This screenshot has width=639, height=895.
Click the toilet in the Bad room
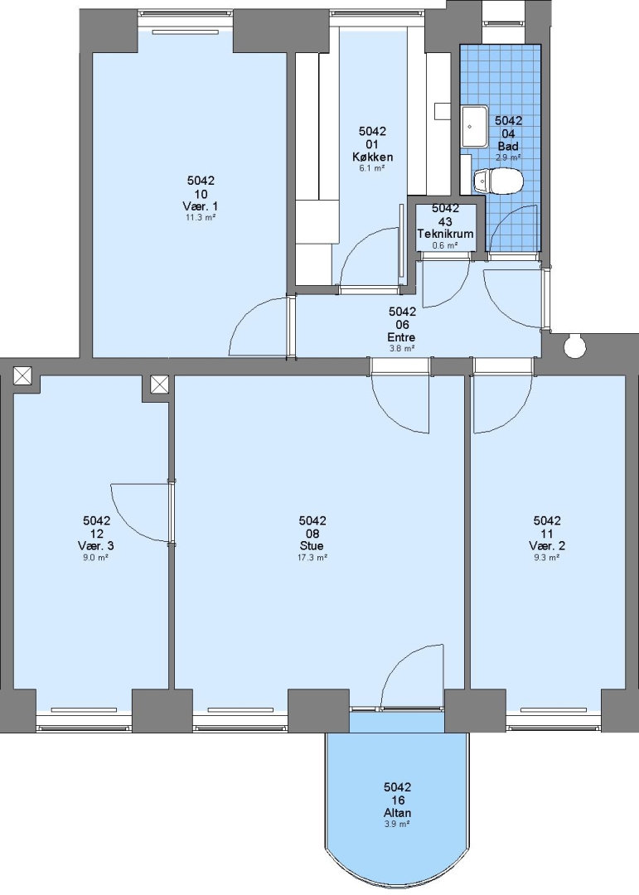pos(498,181)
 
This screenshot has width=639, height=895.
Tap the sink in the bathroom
pos(474,126)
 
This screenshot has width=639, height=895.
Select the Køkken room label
pos(372,157)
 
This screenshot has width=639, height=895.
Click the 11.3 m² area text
pos(201,217)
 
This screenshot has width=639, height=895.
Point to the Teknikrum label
pos(445,234)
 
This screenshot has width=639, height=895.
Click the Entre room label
pos(401,337)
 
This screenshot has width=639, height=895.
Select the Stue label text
pos(312,545)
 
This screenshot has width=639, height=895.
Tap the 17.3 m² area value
pos(312,558)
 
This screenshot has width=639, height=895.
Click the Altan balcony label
pos(398,813)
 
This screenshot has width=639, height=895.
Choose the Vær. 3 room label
pos(96,545)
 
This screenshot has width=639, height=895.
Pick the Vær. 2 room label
pos(547,545)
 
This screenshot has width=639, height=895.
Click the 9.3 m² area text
pos(547,558)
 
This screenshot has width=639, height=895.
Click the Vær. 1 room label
pos(201,206)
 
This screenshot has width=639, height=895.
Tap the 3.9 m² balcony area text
pos(398,825)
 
